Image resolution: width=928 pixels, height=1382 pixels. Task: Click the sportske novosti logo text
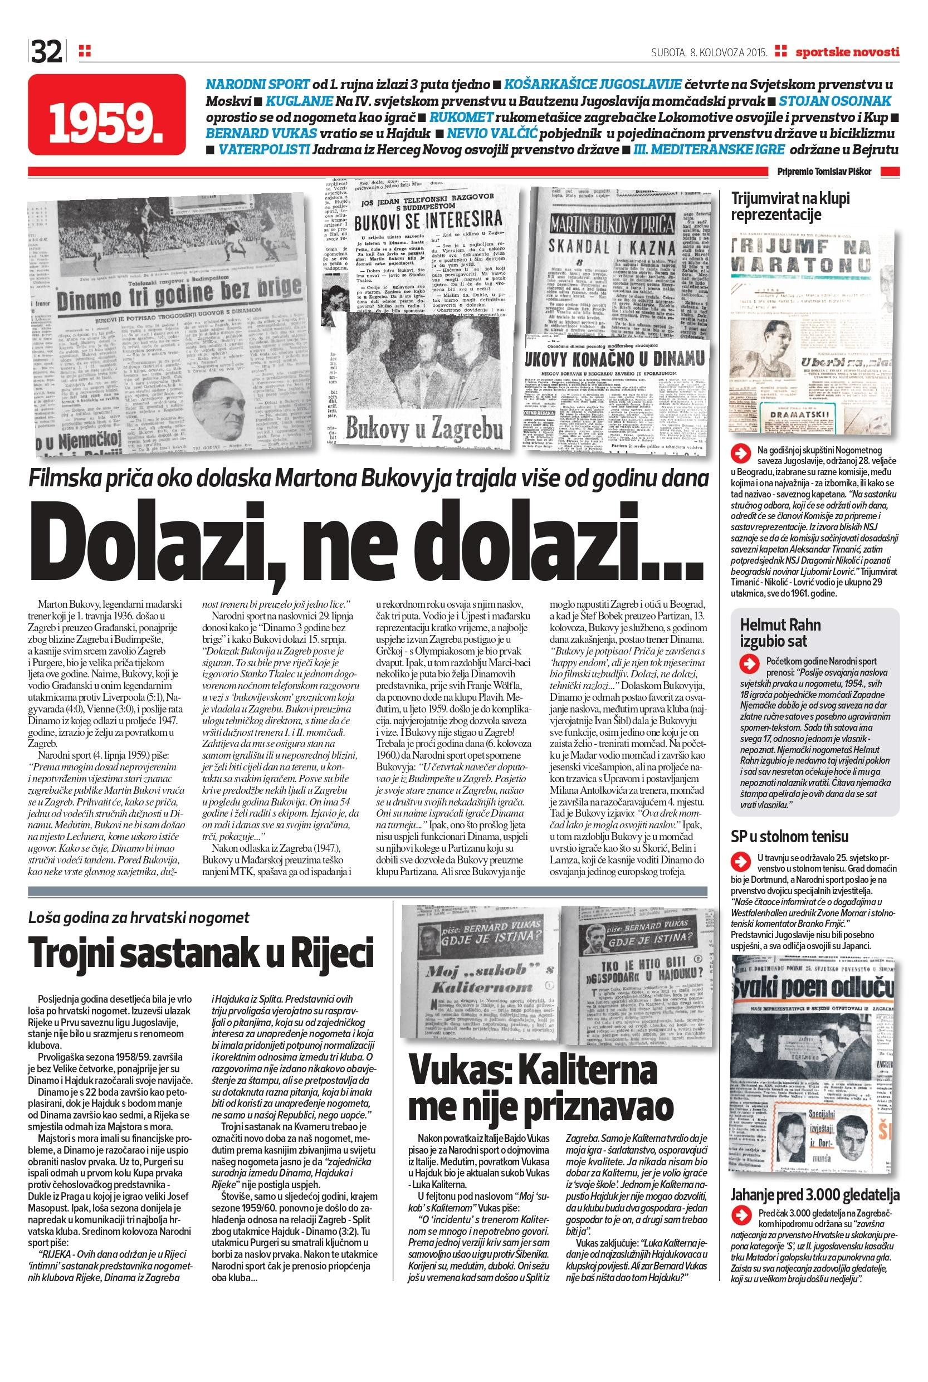[847, 52]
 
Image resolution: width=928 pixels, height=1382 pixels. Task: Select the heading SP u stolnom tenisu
[790, 836]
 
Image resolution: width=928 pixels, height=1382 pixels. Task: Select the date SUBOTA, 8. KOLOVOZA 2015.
[709, 52]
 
